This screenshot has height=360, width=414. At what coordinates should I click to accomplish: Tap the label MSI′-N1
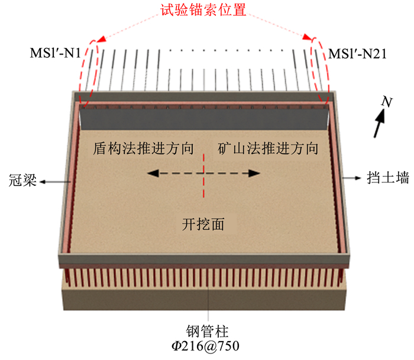pos(62,54)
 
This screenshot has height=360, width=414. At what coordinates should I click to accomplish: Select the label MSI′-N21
pos(357,54)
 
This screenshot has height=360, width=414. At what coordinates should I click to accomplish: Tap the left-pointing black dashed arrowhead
pos(152,173)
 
